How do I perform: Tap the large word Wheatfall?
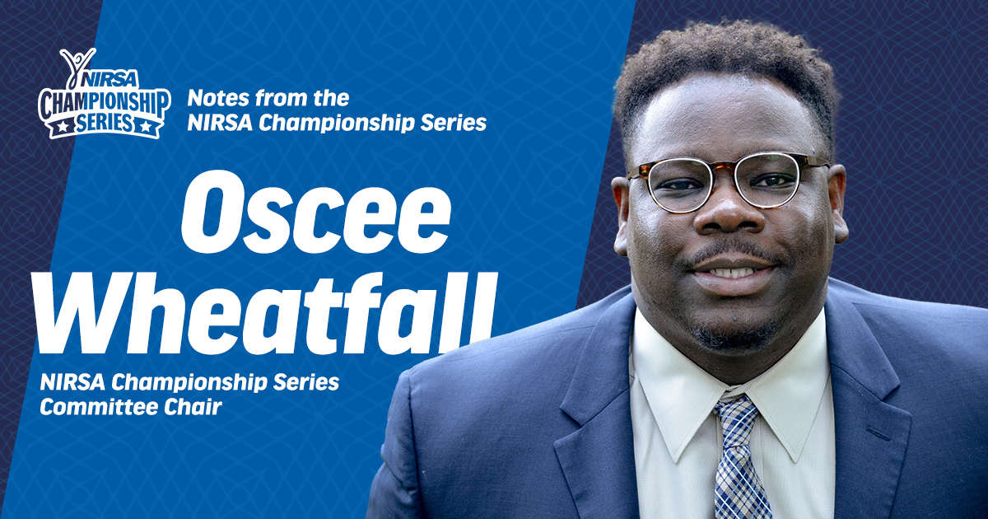click(264, 311)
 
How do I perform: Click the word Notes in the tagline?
click(219, 99)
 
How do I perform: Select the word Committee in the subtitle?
click(99, 407)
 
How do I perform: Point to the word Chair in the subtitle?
click(193, 407)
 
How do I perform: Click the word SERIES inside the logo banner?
click(104, 123)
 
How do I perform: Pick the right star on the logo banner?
click(145, 127)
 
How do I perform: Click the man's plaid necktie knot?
click(736, 414)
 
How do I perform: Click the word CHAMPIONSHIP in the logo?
click(105, 103)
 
